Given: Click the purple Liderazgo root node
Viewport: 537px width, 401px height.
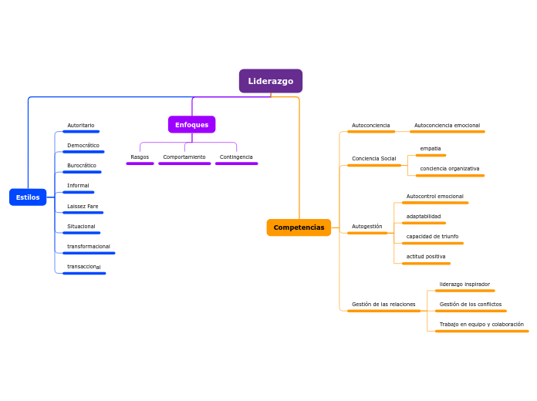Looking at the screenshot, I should (x=270, y=81).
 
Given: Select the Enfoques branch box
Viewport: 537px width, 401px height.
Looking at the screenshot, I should (x=191, y=125).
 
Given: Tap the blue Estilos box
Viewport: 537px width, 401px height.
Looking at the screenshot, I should (x=28, y=197).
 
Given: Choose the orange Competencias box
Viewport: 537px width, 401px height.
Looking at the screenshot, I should (x=299, y=227).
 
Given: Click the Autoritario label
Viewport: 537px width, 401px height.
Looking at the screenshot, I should (x=80, y=125).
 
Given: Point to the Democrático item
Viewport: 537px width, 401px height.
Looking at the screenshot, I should (x=83, y=145).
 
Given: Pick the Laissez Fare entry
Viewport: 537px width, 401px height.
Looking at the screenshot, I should (x=83, y=206).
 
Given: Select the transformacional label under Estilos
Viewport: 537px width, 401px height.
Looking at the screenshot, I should (x=88, y=246).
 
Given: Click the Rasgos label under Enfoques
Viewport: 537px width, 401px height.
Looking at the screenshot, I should (x=140, y=157).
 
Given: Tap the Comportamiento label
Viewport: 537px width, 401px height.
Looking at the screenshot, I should (x=184, y=157).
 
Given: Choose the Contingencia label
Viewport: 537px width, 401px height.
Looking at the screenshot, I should (x=236, y=157).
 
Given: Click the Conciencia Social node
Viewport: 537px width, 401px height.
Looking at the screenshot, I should (x=373, y=158).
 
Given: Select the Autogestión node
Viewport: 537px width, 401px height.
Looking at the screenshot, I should (x=366, y=226).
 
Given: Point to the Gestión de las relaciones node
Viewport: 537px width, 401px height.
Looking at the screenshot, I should (x=383, y=304).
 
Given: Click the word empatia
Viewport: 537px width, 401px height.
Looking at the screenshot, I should (x=431, y=148).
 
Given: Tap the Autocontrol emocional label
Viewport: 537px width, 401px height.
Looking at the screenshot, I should (x=434, y=196).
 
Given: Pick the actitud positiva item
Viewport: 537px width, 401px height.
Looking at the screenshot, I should (x=425, y=256).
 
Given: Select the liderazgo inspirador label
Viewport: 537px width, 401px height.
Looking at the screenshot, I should (x=464, y=284).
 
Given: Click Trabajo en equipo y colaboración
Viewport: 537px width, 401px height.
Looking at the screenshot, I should (x=481, y=324).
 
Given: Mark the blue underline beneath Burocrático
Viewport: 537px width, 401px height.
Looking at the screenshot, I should (x=82, y=172).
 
